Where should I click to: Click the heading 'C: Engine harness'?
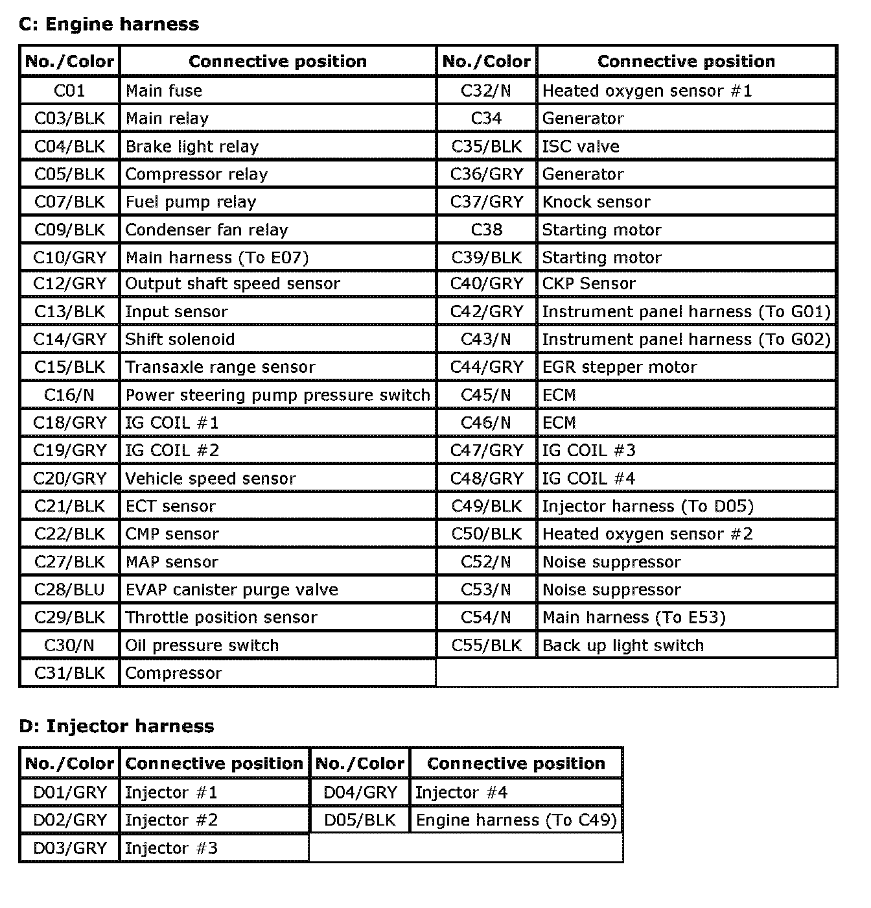tap(109, 25)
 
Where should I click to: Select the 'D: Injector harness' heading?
tap(117, 726)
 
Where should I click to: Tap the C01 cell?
tap(69, 91)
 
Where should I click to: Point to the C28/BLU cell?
tap(69, 590)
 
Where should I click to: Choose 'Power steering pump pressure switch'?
tap(277, 395)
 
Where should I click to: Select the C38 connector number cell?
tap(487, 230)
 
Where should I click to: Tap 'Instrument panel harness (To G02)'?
tap(686, 339)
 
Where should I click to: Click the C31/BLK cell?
tap(69, 673)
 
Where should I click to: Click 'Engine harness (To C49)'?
tap(516, 820)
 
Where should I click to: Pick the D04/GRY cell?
tap(360, 793)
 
